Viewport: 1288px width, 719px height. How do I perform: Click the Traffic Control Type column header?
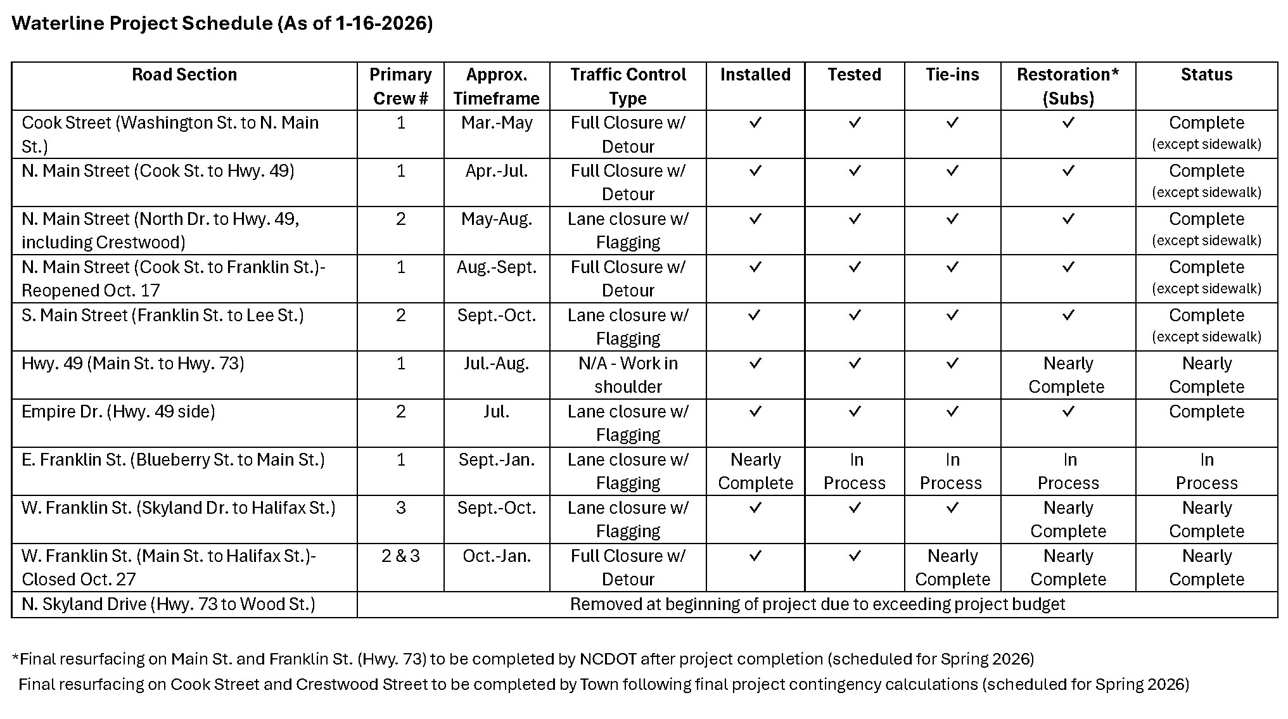(x=627, y=86)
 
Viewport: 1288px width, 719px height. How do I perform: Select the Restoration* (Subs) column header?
(x=1068, y=86)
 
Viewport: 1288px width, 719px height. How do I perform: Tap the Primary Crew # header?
(x=400, y=86)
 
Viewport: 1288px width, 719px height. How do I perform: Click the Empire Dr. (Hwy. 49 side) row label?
(x=118, y=412)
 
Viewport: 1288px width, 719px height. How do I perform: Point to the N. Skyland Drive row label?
(x=168, y=604)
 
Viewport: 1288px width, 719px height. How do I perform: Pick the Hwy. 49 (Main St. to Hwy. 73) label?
(x=132, y=364)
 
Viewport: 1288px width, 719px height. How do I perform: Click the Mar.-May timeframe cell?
(x=497, y=123)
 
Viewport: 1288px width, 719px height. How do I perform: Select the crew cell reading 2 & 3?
(x=400, y=556)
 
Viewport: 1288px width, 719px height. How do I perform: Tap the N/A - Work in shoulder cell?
(x=627, y=375)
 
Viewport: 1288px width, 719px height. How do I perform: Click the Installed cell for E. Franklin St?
(x=755, y=471)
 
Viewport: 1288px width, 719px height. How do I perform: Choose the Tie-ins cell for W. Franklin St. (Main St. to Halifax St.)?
(x=952, y=568)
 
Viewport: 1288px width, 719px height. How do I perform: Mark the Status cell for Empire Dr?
(x=1206, y=412)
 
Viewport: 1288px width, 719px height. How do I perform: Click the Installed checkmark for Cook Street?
(x=755, y=123)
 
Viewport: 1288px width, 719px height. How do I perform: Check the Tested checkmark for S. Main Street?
(x=855, y=315)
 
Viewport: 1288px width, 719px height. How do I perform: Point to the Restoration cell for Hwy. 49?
(x=1068, y=375)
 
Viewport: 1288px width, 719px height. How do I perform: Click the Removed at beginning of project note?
(x=817, y=604)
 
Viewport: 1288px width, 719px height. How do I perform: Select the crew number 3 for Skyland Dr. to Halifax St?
(x=400, y=508)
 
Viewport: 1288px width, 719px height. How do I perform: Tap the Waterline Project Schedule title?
(x=222, y=23)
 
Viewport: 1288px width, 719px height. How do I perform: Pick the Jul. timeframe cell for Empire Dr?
(x=497, y=412)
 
